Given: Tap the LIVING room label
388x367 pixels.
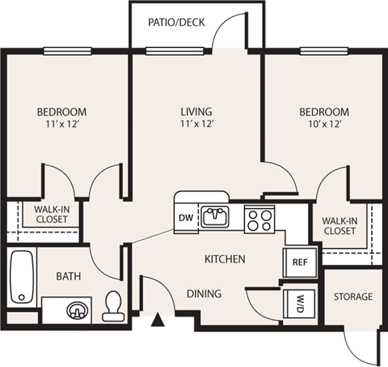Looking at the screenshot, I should pyautogui.click(x=196, y=111).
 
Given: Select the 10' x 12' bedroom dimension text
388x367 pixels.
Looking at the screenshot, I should pyautogui.click(x=323, y=125).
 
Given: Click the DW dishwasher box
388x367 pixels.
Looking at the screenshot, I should pyautogui.click(x=184, y=218).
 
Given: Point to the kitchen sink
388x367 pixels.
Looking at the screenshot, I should pyautogui.click(x=214, y=217).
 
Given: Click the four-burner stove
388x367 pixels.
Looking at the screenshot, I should pyautogui.click(x=259, y=218).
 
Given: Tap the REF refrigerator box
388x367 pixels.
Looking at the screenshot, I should pyautogui.click(x=297, y=262).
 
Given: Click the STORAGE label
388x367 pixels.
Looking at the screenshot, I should pyautogui.click(x=353, y=297).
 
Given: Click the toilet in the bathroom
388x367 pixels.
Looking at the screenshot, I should pyautogui.click(x=112, y=305).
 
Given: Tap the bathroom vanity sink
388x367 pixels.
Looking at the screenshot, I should pyautogui.click(x=76, y=309).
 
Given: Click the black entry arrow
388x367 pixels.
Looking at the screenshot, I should pyautogui.click(x=158, y=323).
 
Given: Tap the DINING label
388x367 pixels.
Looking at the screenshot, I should pyautogui.click(x=204, y=293).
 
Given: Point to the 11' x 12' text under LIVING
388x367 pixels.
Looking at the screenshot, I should pyautogui.click(x=196, y=125).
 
